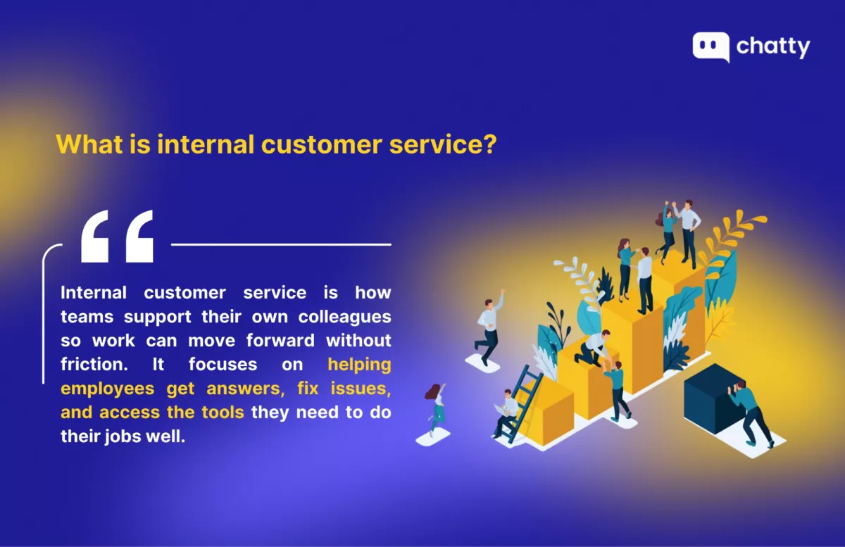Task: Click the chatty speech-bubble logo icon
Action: click(711, 46)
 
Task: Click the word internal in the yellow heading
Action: click(206, 144)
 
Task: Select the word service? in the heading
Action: click(443, 144)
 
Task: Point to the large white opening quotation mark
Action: click(118, 236)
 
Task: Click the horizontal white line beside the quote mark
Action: click(281, 244)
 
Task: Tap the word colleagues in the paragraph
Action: click(344, 317)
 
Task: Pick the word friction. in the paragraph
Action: click(94, 364)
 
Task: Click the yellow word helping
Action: click(359, 365)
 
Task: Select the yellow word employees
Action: click(108, 389)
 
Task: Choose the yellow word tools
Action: click(223, 412)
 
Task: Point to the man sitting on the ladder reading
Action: click(506, 413)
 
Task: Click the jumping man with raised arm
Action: click(489, 327)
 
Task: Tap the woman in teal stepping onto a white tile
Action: click(436, 409)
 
